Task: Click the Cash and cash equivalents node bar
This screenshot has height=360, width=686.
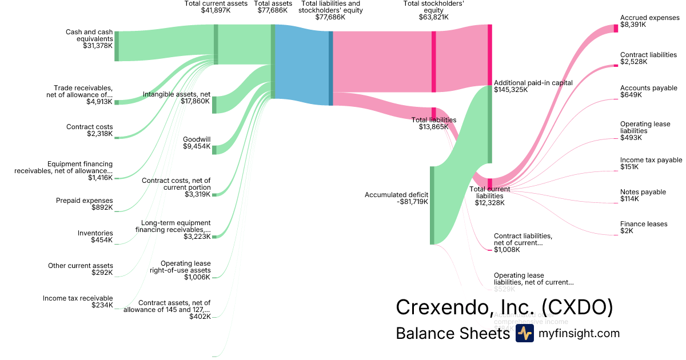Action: (x=117, y=46)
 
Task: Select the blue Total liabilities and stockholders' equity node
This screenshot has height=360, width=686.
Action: (x=330, y=68)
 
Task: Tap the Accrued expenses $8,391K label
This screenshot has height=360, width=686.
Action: (x=649, y=21)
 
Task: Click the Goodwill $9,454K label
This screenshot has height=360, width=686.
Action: (x=196, y=143)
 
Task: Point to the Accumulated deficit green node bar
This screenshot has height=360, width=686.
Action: (x=432, y=205)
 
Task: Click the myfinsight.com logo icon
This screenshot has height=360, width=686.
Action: (x=524, y=333)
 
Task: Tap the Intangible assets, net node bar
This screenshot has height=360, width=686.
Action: (x=214, y=105)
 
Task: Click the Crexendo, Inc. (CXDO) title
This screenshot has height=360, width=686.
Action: (x=504, y=307)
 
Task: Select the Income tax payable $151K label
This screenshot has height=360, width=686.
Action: (x=651, y=163)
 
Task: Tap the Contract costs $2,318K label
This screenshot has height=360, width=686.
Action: (x=90, y=130)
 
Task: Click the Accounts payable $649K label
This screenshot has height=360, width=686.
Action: (x=648, y=91)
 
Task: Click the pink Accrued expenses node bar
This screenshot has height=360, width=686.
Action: (x=616, y=28)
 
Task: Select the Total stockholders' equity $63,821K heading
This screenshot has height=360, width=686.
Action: (x=433, y=10)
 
